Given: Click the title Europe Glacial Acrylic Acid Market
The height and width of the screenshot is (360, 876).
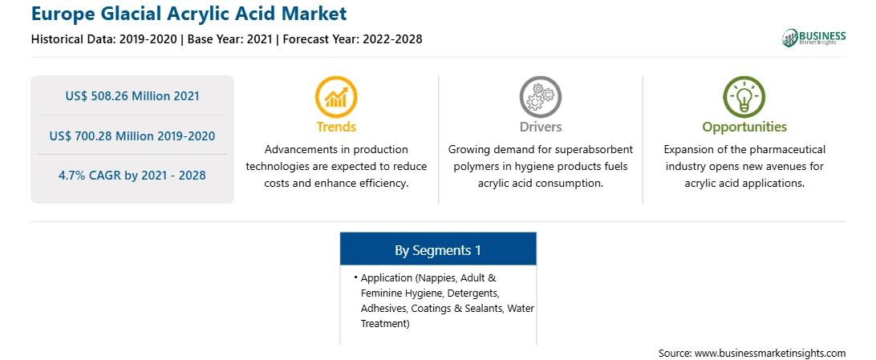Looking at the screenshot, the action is [189, 13].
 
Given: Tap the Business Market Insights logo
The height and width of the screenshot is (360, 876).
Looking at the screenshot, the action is [813, 38].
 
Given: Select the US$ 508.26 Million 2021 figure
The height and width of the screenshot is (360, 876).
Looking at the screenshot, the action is [132, 96].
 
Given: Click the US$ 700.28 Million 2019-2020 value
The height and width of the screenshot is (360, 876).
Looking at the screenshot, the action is [132, 136].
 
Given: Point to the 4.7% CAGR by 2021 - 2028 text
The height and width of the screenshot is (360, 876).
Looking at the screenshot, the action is [132, 176].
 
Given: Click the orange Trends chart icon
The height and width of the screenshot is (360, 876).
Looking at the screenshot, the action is [336, 96].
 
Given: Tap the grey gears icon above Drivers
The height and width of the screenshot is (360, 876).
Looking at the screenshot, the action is [540, 96].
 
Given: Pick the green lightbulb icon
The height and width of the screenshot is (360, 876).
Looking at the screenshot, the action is [744, 96].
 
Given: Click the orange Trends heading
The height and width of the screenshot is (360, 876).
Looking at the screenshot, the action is [336, 127].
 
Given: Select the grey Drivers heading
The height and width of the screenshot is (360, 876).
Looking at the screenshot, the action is [540, 127].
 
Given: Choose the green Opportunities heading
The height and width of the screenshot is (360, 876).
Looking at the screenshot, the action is [744, 127].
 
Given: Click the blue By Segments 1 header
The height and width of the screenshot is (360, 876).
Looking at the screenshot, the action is [438, 251].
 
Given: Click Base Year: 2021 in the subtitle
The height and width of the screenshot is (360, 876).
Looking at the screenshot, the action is [229, 39].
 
